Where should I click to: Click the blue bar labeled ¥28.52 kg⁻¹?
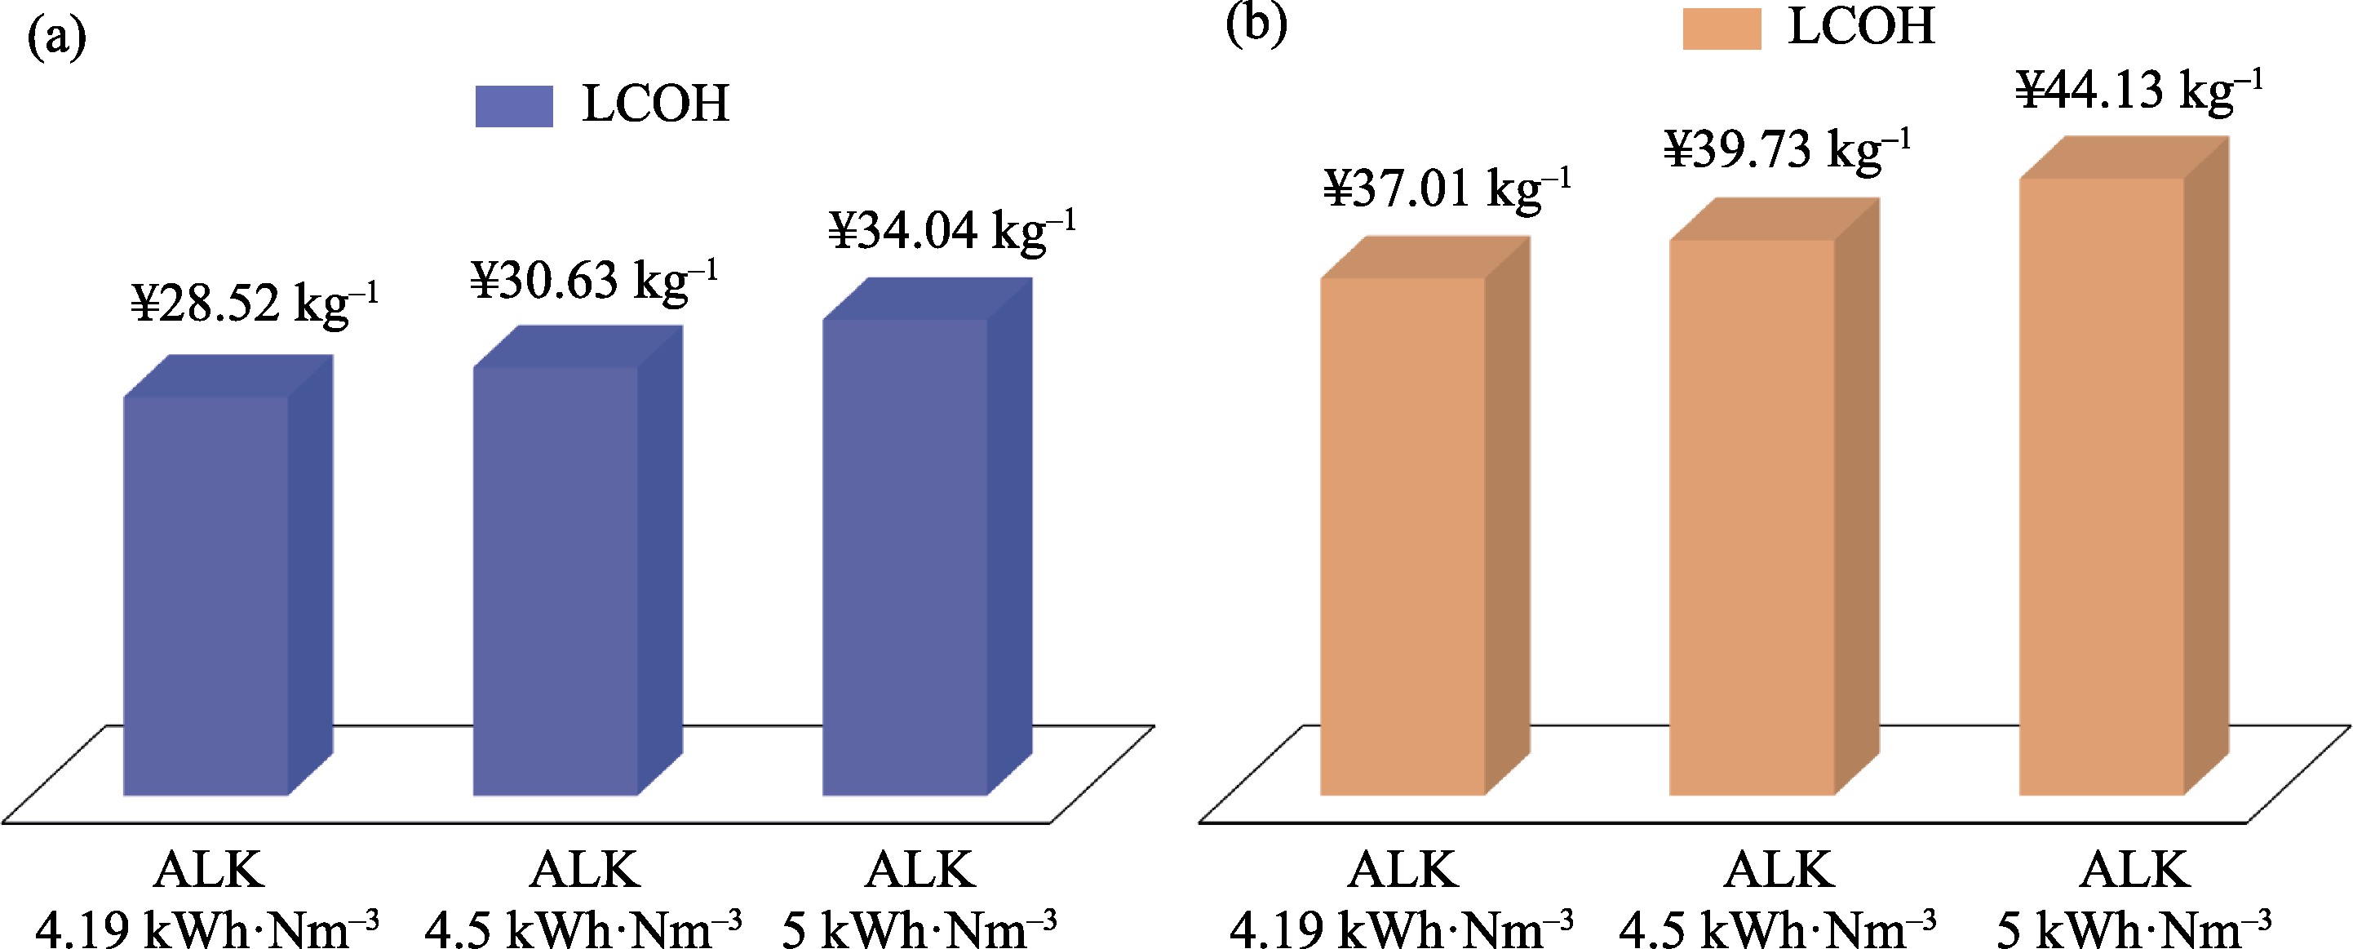(206, 594)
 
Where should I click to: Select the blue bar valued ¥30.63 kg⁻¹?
(556, 580)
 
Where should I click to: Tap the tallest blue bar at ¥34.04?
(905, 557)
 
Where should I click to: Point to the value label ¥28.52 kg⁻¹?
(254, 304)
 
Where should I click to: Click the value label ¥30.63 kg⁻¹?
(594, 281)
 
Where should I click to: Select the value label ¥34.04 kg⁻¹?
(952, 230)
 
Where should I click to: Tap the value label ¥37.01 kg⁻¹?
(1448, 189)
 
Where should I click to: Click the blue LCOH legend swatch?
(514, 106)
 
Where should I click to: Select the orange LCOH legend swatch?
(1722, 29)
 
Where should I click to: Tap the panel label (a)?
(56, 38)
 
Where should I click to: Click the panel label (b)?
(1256, 24)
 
